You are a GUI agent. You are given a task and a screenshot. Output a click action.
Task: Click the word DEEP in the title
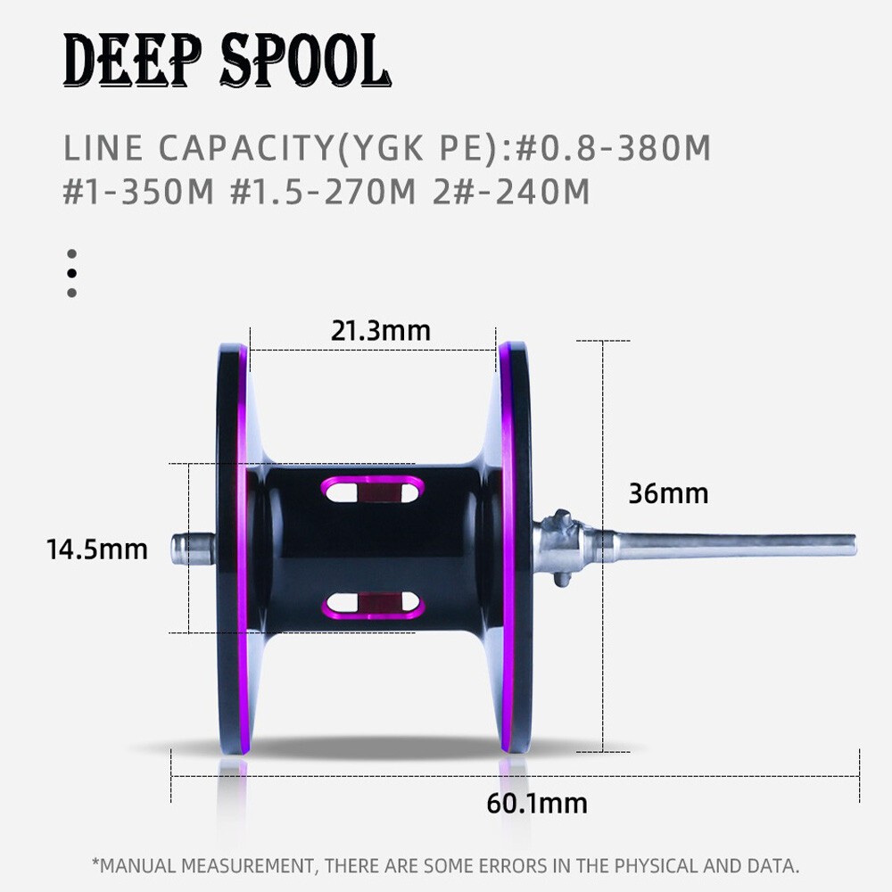pos(132,61)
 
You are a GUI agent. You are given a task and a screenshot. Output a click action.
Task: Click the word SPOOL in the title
pos(305,61)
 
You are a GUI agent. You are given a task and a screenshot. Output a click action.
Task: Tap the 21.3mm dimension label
pos(381,331)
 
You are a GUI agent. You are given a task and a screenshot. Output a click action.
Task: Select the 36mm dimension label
pos(668,493)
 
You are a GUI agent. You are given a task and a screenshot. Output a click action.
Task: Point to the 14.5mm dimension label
pos(96,549)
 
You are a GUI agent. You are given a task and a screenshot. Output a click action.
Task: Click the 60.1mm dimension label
pos(537,804)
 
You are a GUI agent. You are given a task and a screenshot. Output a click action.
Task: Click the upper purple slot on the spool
pos(373,490)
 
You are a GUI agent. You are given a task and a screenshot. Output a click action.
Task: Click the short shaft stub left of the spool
pos(194,549)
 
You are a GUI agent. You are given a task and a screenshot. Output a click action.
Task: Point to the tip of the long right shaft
pos(855,546)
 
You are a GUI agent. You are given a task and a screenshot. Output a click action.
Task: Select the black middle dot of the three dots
pos(71,273)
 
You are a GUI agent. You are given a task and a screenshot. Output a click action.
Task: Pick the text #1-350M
pos(138,191)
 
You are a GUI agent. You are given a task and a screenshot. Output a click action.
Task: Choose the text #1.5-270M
pos(323,191)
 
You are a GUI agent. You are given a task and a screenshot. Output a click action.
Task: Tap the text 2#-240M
pos(511,191)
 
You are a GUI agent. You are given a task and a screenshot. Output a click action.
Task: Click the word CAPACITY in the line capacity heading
pos(246,148)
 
